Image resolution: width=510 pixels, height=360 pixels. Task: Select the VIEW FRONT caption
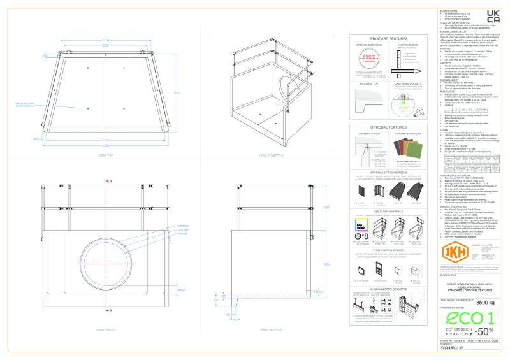tap(106, 330)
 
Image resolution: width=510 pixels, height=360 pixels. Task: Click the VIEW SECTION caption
tap(272, 330)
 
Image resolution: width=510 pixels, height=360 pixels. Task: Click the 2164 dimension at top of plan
tap(106, 40)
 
